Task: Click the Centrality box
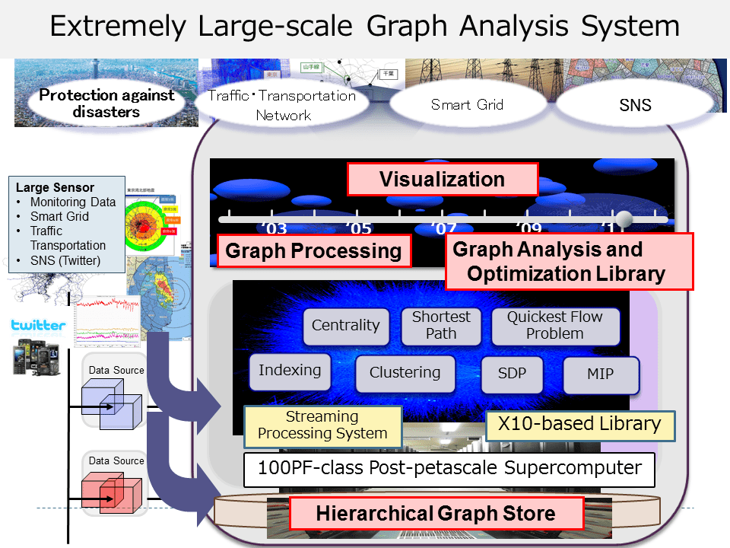[345, 326]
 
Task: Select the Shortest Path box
[441, 325]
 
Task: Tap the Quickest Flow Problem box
[555, 325]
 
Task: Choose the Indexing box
[290, 371]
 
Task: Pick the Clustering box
[405, 373]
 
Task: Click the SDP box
[512, 374]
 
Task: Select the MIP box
[600, 374]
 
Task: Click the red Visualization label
[442, 180]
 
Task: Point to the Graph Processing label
[313, 250]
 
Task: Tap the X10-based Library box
[579, 424]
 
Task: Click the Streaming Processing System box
[322, 425]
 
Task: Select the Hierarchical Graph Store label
[436, 513]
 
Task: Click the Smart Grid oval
[467, 105]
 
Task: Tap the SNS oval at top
[635, 106]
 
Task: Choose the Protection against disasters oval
[106, 104]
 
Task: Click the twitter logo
[38, 326]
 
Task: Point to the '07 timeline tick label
[443, 228]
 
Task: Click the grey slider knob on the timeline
[624, 219]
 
